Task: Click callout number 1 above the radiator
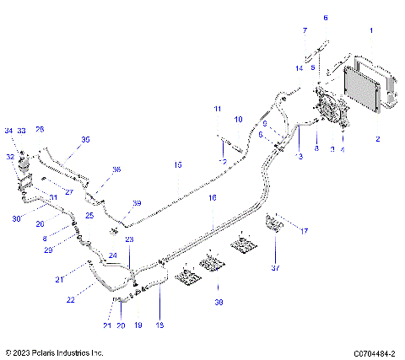coord(370,30)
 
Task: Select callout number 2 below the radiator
coord(376,138)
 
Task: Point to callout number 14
coord(299,67)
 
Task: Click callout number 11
coord(217,110)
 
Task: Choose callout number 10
coord(238,120)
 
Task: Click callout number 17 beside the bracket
coord(305,230)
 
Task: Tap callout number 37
coord(274,269)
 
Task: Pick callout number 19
coord(138,325)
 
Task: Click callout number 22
coord(70,299)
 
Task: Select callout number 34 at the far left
coord(9,131)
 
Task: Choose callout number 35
coord(84,139)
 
